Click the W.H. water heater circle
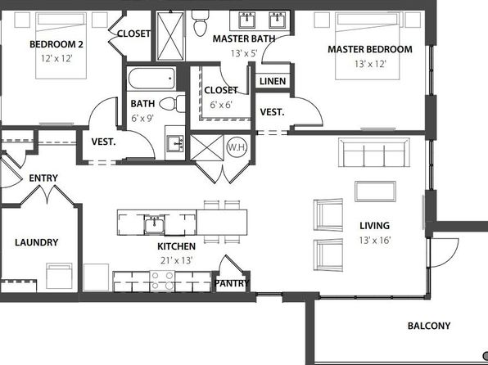[237, 146]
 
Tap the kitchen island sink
[155, 224]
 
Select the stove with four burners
[162, 282]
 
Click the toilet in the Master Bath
[201, 22]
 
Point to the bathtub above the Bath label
[151, 79]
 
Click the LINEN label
[273, 82]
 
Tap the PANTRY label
[232, 283]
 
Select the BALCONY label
[429, 326]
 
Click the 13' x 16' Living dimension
[375, 241]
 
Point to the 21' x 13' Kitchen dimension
[177, 260]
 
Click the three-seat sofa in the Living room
[374, 152]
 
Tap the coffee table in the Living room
[375, 192]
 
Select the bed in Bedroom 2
[61, 45]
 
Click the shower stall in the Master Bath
[170, 36]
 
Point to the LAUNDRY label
[37, 242]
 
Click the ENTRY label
[43, 178]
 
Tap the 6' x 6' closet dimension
[221, 105]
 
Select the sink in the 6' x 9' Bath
[175, 143]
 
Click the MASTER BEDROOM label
[370, 49]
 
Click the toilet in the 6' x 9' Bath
[172, 104]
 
